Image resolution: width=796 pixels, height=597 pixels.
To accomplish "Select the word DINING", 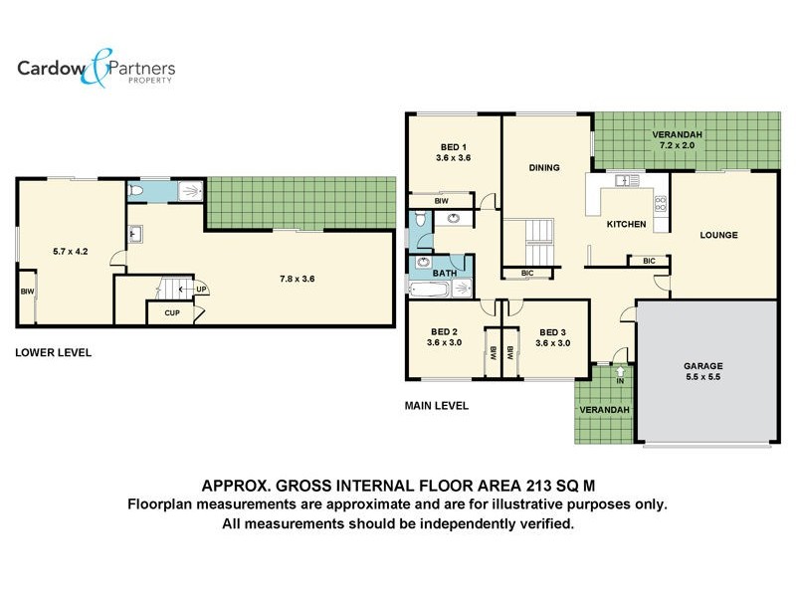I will pyautogui.click(x=543, y=167).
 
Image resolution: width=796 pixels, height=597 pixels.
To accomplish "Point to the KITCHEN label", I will pyautogui.click(x=627, y=225).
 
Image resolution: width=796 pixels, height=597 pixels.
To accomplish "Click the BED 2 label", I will pyautogui.click(x=444, y=338).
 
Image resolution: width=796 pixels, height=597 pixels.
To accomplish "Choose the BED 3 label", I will pyautogui.click(x=552, y=338).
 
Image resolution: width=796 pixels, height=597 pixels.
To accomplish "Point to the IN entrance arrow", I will pyautogui.click(x=621, y=376).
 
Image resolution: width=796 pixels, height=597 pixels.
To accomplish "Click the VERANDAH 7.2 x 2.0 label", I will pyautogui.click(x=678, y=140).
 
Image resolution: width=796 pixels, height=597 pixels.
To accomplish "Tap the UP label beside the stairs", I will pyautogui.click(x=201, y=290).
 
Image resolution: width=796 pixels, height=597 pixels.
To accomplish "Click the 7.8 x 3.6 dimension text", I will pyautogui.click(x=297, y=280).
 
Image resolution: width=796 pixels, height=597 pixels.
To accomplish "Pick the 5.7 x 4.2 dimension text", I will pyautogui.click(x=71, y=252).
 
